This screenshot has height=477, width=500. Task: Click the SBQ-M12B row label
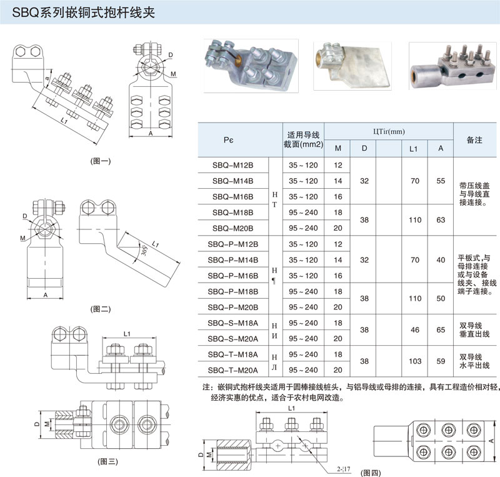coord(232,165)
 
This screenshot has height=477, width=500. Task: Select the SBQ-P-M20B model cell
coord(234,307)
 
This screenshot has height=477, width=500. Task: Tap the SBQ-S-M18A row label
coord(234,323)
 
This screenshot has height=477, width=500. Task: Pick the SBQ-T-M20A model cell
coord(234,369)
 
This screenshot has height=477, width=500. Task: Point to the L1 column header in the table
coord(413,149)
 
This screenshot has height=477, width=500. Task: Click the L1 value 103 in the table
coord(413,361)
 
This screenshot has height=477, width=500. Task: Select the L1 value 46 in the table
coord(413,330)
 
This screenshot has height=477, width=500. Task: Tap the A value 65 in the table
coord(441,330)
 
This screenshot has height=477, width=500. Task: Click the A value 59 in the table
coord(441,361)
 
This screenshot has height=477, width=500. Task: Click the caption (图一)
coord(101,161)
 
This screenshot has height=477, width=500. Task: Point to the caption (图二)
coord(101,308)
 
